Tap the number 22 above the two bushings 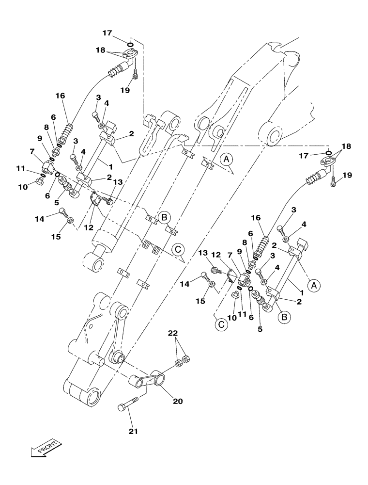tap(172, 333)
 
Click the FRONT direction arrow tap(45, 448)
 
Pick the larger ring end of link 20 tap(157, 376)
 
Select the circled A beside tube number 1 tap(314, 286)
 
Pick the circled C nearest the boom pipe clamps tap(178, 250)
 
